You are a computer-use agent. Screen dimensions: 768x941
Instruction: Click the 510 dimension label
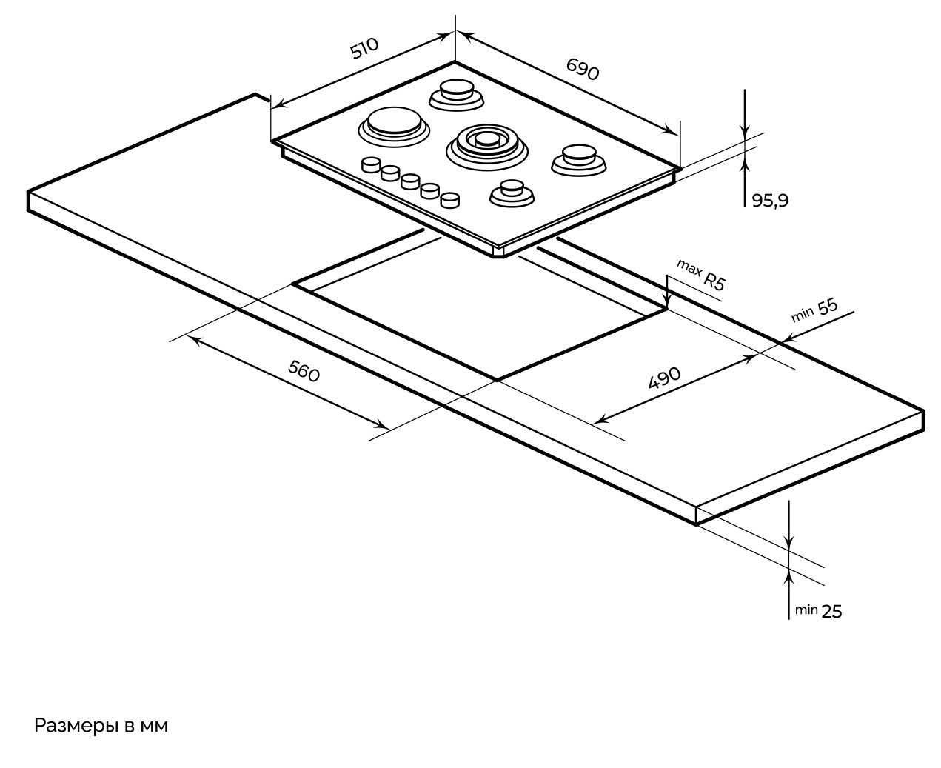364,49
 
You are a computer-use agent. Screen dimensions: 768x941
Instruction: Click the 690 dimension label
582,69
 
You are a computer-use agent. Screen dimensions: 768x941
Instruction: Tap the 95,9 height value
770,200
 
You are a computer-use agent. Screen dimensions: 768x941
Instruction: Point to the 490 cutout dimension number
664,378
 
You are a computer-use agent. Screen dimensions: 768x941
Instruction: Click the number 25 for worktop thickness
832,611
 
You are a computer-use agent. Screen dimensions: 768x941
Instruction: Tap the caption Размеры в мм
101,726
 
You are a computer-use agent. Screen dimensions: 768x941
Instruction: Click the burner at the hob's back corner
455,92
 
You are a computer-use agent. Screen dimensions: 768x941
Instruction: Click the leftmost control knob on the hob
370,165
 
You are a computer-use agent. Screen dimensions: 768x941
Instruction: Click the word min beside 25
806,610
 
